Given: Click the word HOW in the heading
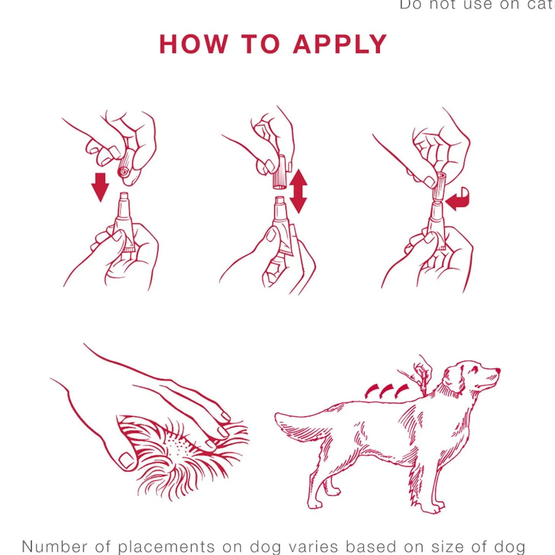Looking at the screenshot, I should pyautogui.click(x=194, y=44).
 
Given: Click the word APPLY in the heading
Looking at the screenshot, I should pyautogui.click(x=339, y=44).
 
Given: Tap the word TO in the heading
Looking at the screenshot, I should pyautogui.click(x=260, y=44).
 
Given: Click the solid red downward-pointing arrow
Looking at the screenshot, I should pyautogui.click(x=100, y=187).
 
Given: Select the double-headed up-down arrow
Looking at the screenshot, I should pyautogui.click(x=298, y=191).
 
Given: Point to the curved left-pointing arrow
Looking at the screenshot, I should pyautogui.click(x=458, y=199).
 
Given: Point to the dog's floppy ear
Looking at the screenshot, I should pyautogui.click(x=455, y=380).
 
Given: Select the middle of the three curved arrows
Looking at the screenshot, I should pyautogui.click(x=387, y=390).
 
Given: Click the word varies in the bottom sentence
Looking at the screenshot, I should pyautogui.click(x=313, y=546).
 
